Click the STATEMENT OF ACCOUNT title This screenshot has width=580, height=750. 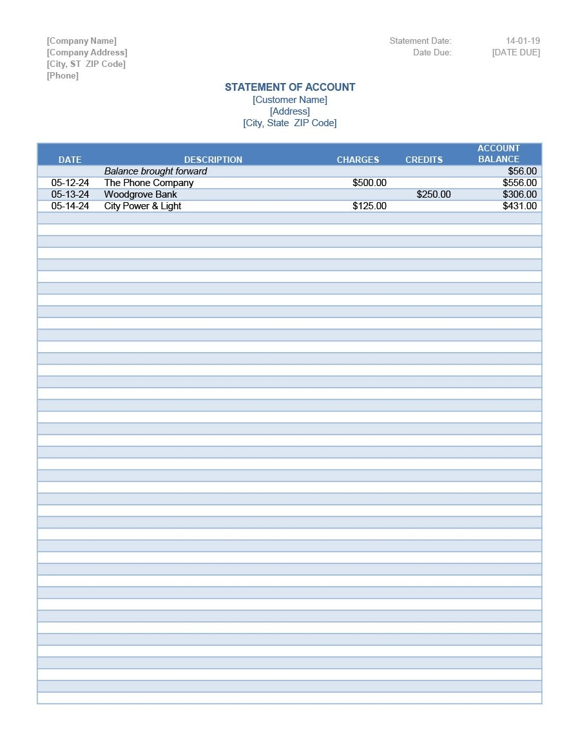pos(290,87)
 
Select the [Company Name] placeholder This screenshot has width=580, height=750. pos(82,41)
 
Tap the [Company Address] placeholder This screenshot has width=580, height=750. pos(87,52)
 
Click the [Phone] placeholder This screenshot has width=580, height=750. pos(63,75)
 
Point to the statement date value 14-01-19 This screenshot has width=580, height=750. pos(523,41)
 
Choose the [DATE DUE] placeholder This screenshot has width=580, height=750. pos(516,52)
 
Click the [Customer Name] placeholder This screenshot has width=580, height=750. pos(290,100)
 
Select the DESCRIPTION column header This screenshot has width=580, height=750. pos(213,160)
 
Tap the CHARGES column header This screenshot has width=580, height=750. pos(358,160)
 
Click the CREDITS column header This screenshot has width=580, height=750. pos(424,160)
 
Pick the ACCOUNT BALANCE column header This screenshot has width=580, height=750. pos(499,154)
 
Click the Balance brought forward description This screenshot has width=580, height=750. pos(156,171)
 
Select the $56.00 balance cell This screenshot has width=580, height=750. pos(522,171)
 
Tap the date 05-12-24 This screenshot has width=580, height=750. pos(70,183)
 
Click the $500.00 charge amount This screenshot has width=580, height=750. pos(369,183)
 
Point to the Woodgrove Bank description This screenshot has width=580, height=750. pos(140,194)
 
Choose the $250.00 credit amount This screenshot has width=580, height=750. pos(434,194)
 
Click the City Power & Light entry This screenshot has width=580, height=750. pos(143,206)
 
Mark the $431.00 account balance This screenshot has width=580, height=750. pos(519,206)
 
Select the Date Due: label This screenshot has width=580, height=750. pos(432,52)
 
